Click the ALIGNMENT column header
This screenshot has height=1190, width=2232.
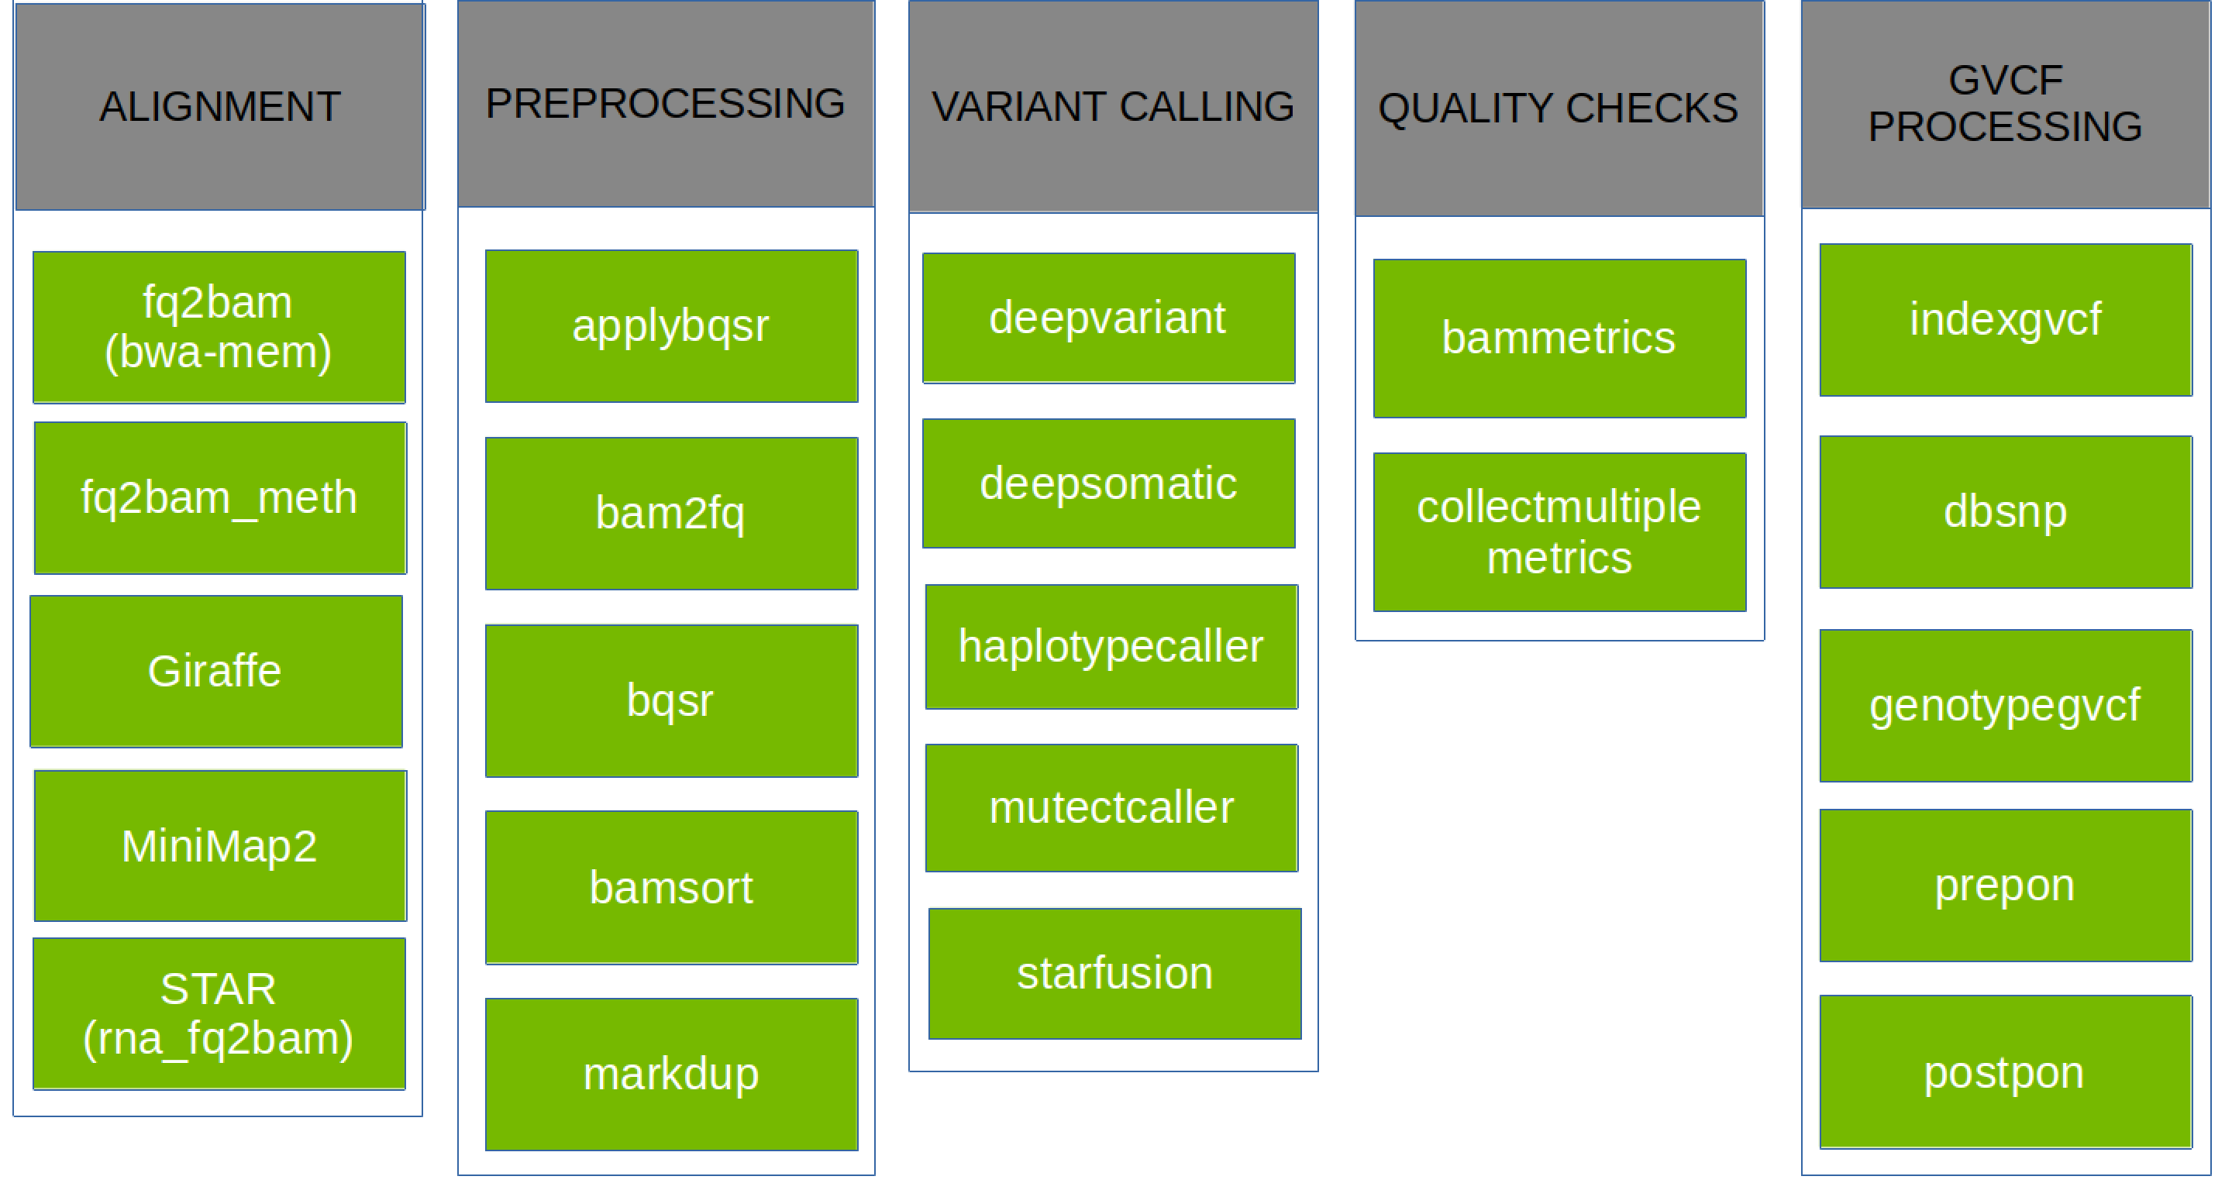pos(219,107)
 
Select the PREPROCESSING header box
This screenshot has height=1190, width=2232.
pos(666,104)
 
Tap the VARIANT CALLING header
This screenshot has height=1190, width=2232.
pos(1113,107)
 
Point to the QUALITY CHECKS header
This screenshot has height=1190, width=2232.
pos(1558,108)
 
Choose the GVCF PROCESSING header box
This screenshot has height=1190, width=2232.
pos(2005,104)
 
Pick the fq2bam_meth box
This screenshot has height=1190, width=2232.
pos(219,498)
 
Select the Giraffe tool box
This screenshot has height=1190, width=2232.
pos(215,671)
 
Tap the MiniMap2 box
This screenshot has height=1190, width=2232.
pos(219,845)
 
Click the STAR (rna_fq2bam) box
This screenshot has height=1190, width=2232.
pos(219,1013)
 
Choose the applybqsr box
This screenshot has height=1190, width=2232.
pos(670,326)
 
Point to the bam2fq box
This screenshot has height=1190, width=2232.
pos(670,513)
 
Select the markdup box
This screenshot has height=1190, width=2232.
pos(670,1074)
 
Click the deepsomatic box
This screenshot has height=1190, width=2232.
pos(1108,483)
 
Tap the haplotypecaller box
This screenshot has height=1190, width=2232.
pos(1111,646)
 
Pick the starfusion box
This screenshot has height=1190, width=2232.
pos(1114,972)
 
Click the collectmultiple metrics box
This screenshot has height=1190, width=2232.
pos(1559,531)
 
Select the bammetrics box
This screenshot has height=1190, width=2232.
pos(1559,338)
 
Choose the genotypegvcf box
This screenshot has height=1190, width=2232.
pos(2005,705)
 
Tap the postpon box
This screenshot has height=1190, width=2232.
pos(2005,1072)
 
